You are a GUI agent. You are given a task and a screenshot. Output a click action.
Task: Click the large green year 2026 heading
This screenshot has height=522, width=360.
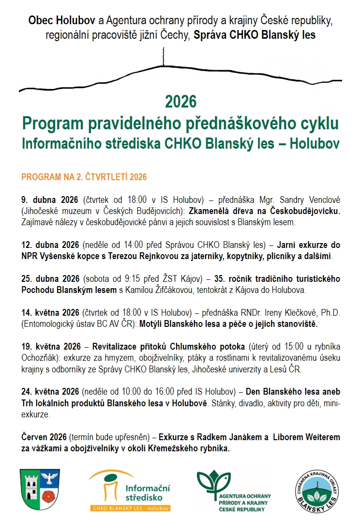click(180, 102)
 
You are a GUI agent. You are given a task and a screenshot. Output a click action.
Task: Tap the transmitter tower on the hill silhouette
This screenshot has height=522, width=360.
click(163, 57)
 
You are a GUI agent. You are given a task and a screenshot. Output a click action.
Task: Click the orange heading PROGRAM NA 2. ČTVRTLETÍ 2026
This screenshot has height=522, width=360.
click(84, 177)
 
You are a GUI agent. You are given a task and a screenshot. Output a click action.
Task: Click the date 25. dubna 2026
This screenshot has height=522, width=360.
click(51, 279)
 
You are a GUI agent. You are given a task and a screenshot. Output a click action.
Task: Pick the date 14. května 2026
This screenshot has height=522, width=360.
click(51, 312)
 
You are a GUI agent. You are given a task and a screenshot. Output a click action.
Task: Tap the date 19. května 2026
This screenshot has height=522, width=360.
click(51, 347)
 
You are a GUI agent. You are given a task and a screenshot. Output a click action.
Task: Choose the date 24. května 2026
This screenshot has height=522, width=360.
click(51, 392)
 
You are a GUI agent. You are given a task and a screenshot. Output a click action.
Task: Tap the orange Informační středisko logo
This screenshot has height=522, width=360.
click(130, 490)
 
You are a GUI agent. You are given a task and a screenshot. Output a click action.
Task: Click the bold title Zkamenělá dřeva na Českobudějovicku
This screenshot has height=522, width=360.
click(265, 211)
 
